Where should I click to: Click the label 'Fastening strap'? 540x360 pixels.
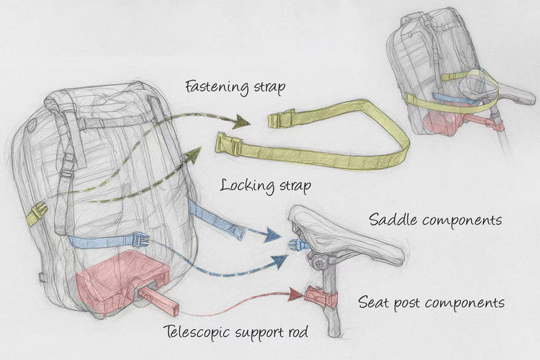coord(235,87)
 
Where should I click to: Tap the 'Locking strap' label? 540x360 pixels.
coord(266,186)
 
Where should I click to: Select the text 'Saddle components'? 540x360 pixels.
coord(435,219)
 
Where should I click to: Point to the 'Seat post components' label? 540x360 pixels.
coord(431,302)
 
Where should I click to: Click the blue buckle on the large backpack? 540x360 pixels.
coord(138,240)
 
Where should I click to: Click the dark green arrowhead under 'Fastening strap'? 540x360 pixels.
coord(240,122)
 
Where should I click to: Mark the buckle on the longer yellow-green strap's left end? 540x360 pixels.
coord(228,144)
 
